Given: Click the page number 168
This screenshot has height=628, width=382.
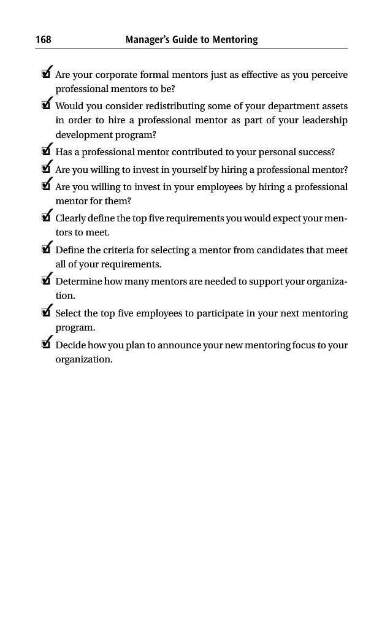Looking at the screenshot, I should click(x=43, y=40).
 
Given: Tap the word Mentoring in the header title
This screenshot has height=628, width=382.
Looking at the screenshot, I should click(x=235, y=40).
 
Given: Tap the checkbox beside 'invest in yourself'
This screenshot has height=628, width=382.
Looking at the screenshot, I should click(x=45, y=170).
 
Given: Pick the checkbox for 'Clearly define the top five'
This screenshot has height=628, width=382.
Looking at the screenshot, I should click(x=45, y=218).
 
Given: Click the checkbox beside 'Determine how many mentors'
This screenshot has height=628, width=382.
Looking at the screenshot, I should click(x=45, y=281).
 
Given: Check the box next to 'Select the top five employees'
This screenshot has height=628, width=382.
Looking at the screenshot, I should click(x=45, y=313).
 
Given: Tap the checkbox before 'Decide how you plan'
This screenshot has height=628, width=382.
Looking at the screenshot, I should click(x=45, y=345).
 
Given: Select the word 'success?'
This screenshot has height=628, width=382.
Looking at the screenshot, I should click(x=315, y=152).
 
